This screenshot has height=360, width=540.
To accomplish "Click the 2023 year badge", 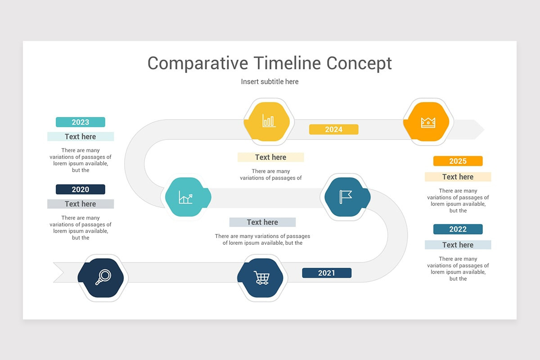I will (80, 122).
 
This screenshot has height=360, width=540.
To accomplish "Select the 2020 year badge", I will (80, 189).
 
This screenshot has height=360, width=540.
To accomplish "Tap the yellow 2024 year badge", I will (333, 130).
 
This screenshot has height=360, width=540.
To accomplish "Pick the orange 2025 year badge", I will (458, 161).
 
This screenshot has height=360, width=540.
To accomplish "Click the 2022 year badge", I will (458, 229).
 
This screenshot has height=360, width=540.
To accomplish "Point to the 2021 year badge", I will (326, 273).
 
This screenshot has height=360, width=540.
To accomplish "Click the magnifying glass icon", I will (103, 277).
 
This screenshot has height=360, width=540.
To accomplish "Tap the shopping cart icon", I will (261, 278).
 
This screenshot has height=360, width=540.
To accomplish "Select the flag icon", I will (346, 196).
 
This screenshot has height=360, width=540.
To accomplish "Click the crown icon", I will (427, 122).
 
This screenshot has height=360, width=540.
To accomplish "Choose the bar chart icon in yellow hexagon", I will (269, 121).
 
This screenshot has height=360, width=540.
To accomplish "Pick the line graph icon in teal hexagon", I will (185, 197).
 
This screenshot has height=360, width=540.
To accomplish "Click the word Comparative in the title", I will (198, 63).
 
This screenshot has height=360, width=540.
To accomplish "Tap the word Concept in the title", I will (359, 63).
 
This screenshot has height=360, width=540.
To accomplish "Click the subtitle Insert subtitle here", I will (270, 81).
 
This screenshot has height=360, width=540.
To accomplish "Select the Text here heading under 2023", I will (80, 137).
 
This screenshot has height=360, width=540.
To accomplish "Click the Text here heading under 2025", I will (458, 177).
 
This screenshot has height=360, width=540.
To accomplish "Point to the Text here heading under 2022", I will (458, 245).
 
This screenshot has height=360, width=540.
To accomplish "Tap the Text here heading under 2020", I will (80, 204).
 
